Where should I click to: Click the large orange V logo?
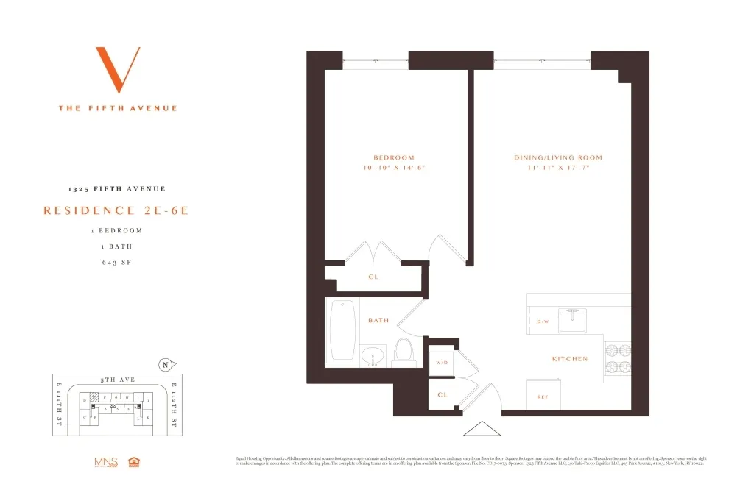tap(118, 71)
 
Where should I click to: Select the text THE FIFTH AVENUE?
tap(118, 108)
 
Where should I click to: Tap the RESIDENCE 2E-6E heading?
tap(116, 210)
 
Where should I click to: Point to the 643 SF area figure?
tap(116, 263)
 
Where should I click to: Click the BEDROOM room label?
tap(394, 157)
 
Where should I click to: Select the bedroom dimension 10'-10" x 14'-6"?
tap(394, 168)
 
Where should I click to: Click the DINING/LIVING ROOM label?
tap(558, 157)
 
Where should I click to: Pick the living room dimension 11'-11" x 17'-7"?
tap(558, 168)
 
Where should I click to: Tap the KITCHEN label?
tap(570, 359)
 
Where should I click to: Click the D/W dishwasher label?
tap(543, 321)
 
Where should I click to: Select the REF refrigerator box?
tap(543, 396)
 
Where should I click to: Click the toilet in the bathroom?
tap(403, 351)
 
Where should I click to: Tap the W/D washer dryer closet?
tap(443, 362)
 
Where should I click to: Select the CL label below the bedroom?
tap(373, 277)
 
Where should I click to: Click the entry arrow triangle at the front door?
tap(480, 429)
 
